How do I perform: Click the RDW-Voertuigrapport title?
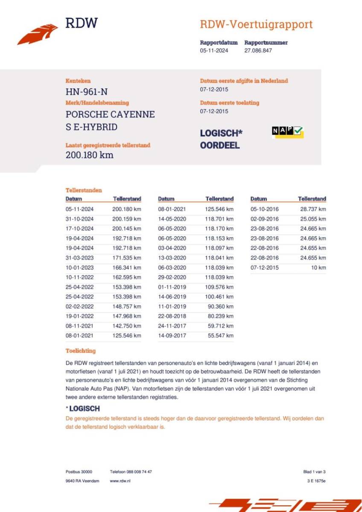(256, 24)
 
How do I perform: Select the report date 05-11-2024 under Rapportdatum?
(214, 50)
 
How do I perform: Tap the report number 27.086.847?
(258, 50)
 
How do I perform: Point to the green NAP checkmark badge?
(287, 132)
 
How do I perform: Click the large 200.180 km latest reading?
(89, 155)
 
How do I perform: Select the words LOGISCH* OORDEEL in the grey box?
(221, 139)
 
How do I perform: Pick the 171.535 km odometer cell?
(127, 258)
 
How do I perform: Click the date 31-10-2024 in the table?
(79, 219)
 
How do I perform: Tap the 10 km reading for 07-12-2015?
(318, 268)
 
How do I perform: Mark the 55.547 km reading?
(219, 335)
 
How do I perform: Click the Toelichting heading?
(80, 351)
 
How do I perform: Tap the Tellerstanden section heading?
(84, 190)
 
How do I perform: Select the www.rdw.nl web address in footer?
(120, 481)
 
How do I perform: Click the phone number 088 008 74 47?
(131, 471)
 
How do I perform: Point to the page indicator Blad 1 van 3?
(314, 471)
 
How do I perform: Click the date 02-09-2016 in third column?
(264, 219)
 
